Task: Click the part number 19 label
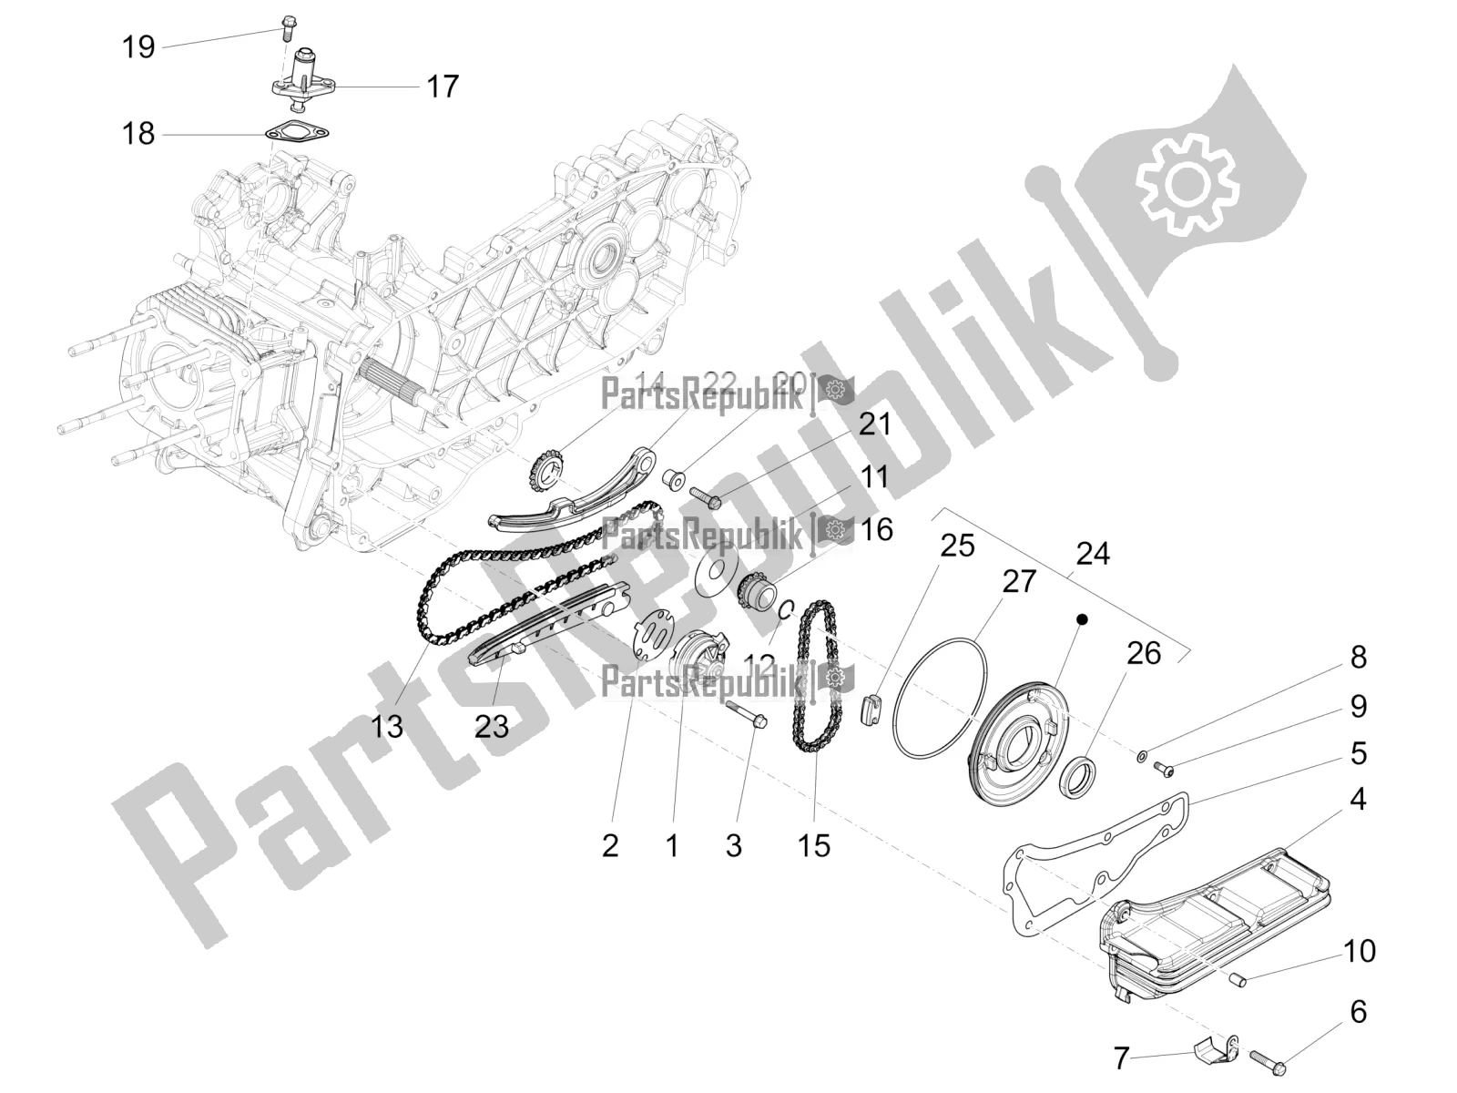click(x=138, y=46)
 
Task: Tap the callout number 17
click(x=443, y=87)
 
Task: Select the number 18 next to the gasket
click(x=138, y=135)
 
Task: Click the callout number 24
click(x=1093, y=553)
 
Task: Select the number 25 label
click(x=957, y=546)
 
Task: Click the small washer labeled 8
click(x=1142, y=755)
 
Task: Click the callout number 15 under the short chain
click(x=814, y=845)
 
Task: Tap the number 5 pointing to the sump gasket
click(x=1359, y=753)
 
